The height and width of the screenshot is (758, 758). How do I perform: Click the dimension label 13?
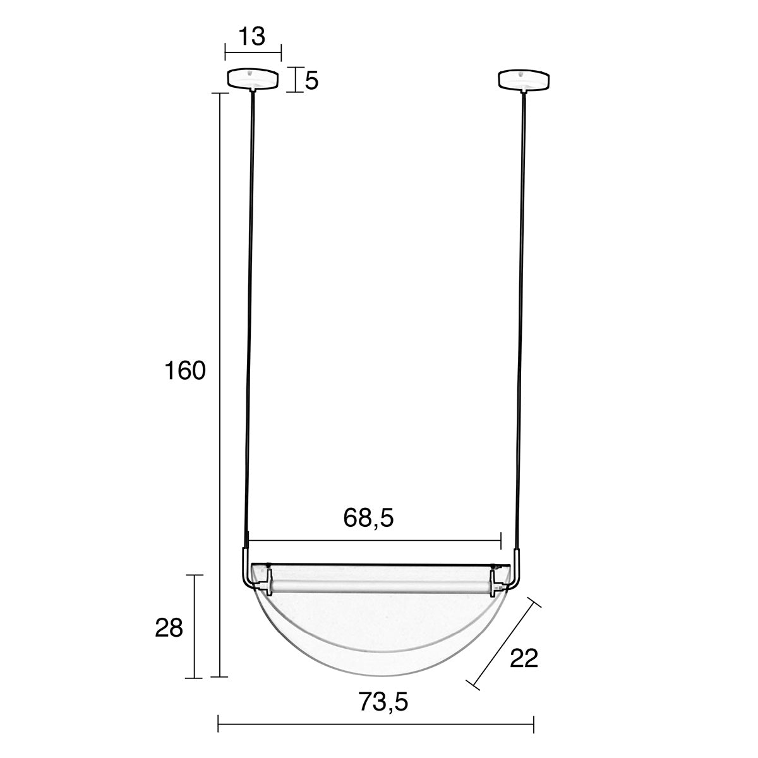pos(252,37)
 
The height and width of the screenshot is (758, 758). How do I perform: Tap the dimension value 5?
pos(311,80)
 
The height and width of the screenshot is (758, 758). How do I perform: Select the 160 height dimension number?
pos(185,371)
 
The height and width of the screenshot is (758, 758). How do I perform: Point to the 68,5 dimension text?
pos(369,518)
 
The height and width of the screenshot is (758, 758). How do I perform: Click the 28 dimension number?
pos(169,628)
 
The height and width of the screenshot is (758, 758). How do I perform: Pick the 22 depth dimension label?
pos(524,658)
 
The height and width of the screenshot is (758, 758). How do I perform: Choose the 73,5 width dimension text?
pos(383,701)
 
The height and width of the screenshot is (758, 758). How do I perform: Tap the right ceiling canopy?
pos(524,79)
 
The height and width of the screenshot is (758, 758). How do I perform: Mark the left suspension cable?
pos(250,316)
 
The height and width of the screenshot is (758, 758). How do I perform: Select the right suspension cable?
pos(522,316)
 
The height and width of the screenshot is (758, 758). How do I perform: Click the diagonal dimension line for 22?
pos(503,642)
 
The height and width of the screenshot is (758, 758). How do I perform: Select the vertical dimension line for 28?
pos(195,625)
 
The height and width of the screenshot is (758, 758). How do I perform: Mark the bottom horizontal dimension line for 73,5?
pos(376,724)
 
